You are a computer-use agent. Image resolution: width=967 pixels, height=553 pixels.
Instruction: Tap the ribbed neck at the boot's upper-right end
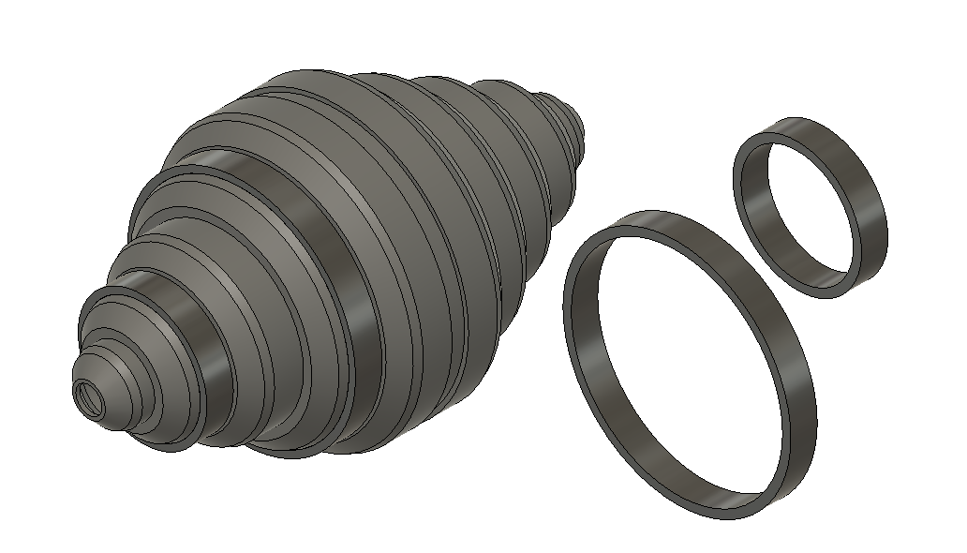[x=573, y=131]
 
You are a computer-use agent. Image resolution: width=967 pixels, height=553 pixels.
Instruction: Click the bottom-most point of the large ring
[x=740, y=516]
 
